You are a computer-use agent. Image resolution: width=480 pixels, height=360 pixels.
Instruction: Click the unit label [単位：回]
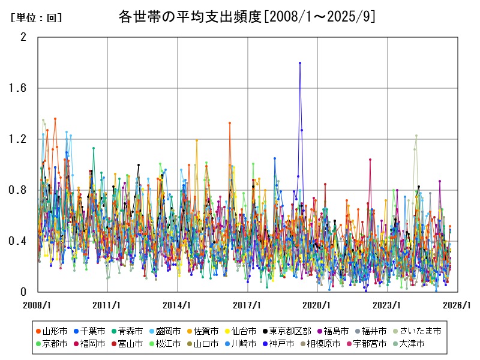pos(36,18)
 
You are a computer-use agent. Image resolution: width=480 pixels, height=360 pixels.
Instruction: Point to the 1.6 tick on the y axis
pos(20,88)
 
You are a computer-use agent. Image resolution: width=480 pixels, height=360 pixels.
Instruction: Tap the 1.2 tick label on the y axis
pos(20,139)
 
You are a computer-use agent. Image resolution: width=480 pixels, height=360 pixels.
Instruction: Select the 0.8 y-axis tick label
pos(20,190)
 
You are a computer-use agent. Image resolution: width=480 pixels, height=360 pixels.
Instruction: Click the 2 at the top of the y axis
pos(23,37)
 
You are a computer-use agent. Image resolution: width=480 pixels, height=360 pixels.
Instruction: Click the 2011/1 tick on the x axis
pos(107,305)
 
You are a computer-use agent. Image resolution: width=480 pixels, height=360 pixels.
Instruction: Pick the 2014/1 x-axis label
pos(178,305)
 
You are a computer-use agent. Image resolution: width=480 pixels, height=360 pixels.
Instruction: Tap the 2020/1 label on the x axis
pos(317,305)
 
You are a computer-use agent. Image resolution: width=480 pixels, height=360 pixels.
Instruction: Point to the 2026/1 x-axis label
pos(457,305)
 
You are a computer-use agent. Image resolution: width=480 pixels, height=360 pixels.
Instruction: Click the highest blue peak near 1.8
pos(300,63)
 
